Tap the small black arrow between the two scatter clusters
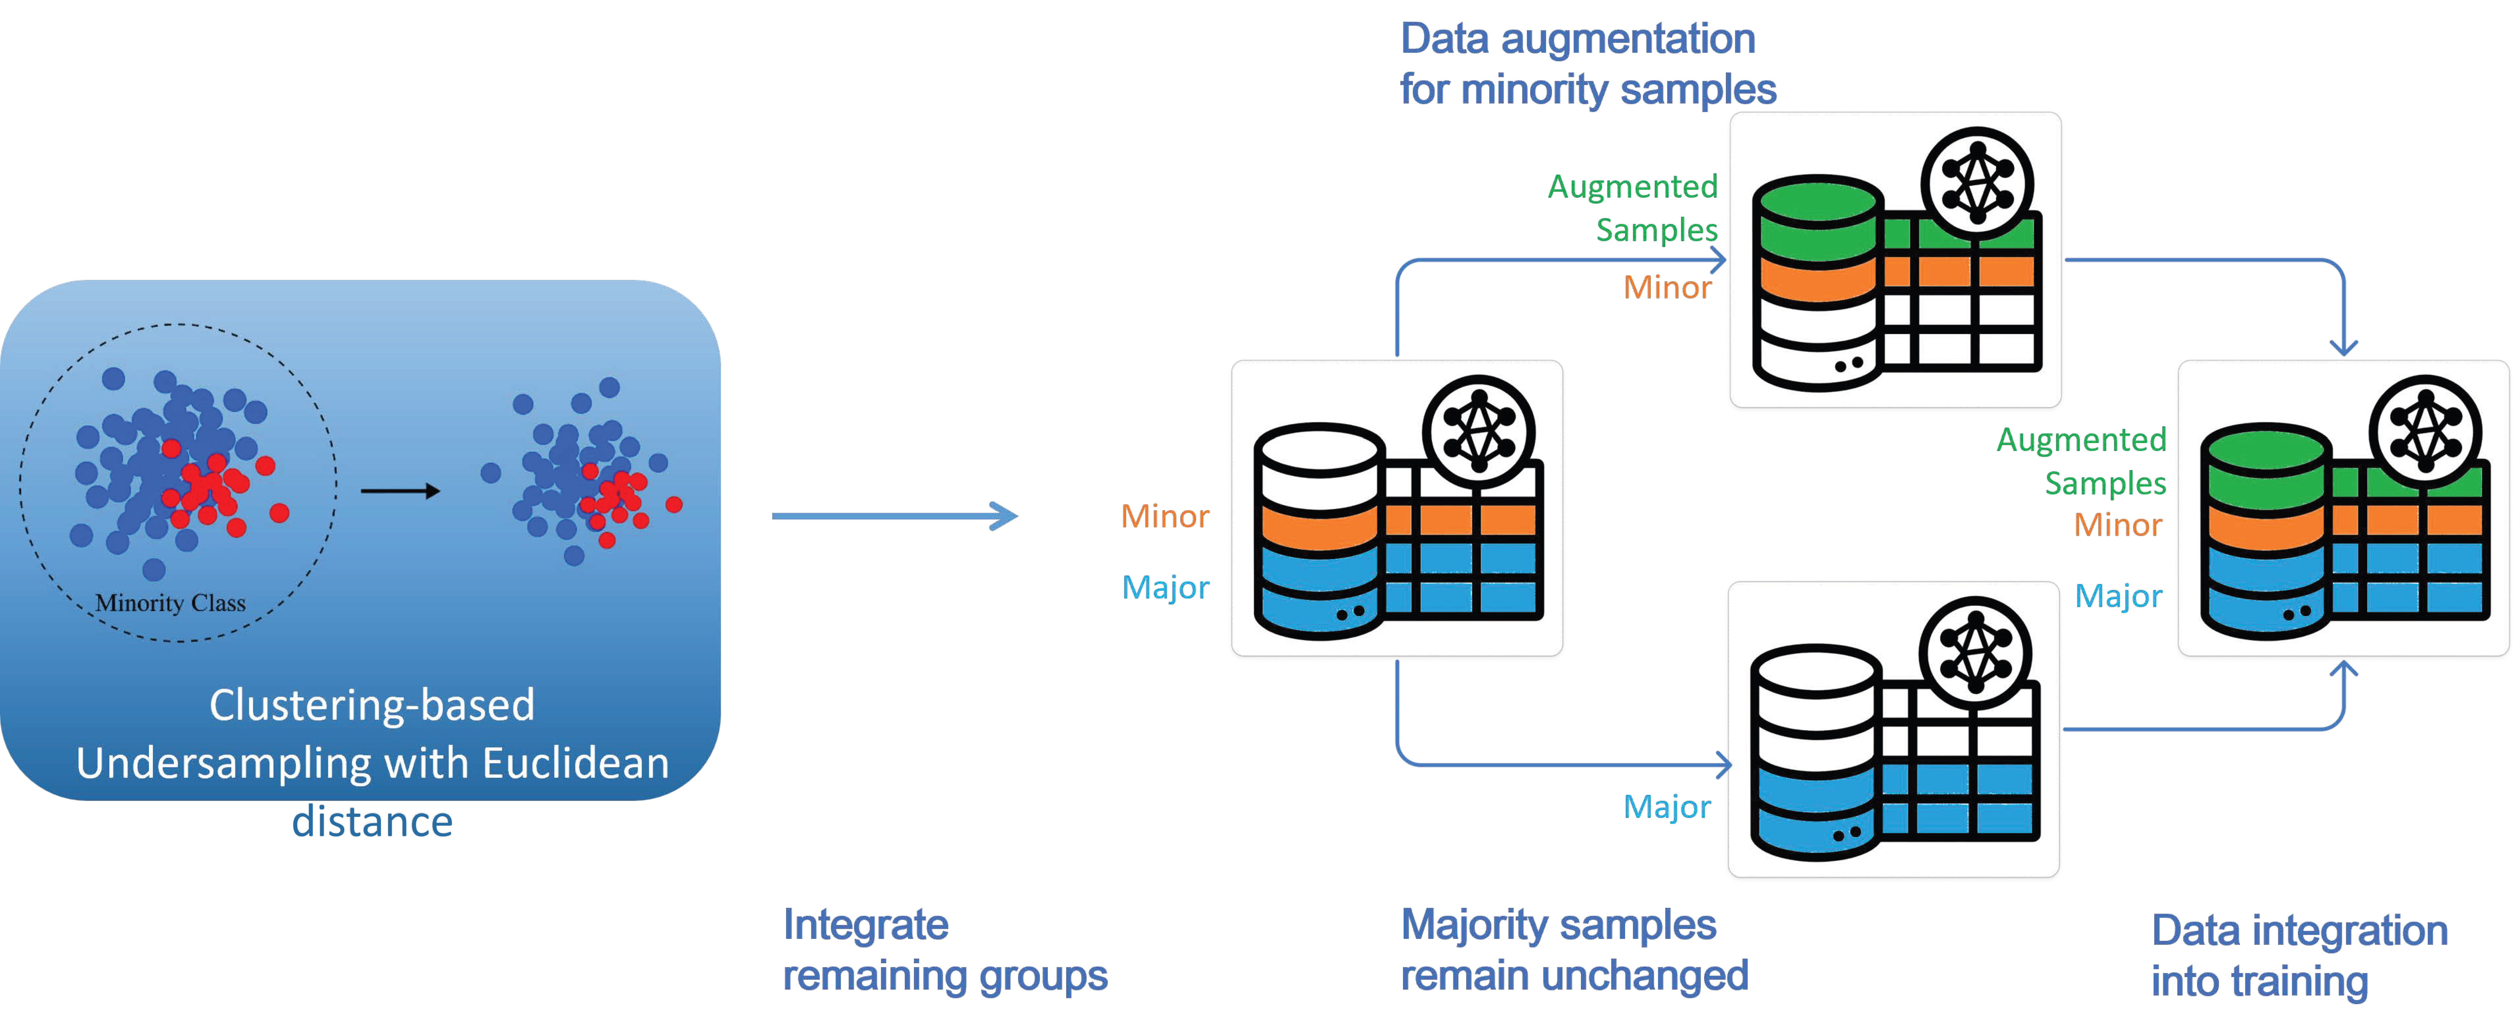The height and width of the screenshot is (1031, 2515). [x=400, y=491]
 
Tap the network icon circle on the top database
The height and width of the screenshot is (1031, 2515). [x=1977, y=183]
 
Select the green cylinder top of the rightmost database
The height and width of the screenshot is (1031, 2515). [x=2265, y=451]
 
